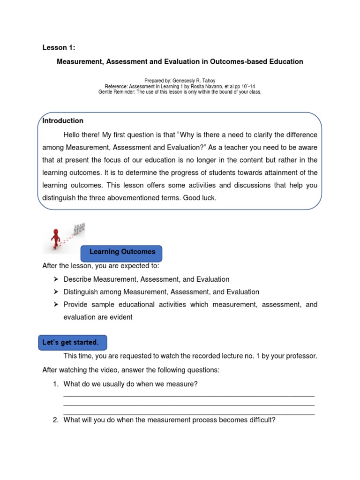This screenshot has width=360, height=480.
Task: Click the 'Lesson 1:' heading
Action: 59,47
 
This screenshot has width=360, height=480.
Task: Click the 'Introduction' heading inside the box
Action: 63,121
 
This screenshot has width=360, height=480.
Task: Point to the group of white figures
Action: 80,228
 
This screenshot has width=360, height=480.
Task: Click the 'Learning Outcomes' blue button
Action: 122,252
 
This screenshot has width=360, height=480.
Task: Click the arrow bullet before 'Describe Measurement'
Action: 56,279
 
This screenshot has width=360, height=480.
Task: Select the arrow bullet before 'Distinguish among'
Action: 56,292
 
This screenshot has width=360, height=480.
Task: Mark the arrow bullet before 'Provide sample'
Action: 56,305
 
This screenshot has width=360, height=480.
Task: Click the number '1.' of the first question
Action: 55,384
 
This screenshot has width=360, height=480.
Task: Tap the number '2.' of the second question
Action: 55,420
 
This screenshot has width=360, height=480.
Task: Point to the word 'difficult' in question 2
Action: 261,420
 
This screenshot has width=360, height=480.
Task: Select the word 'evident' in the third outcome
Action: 121,317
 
